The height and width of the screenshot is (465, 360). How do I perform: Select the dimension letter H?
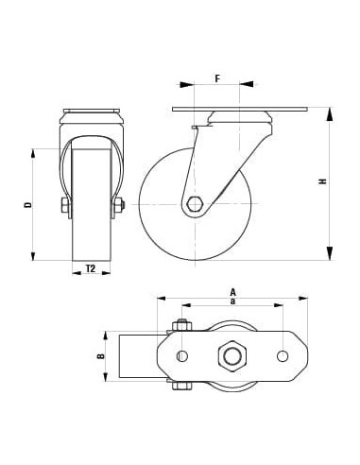tap(322, 181)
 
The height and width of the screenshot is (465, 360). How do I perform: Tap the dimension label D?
tap(27, 204)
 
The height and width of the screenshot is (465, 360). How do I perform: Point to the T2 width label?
tap(91, 269)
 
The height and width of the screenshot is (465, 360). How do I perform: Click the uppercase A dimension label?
tap(231, 292)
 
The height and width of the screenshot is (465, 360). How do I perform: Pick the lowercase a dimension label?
tap(231, 301)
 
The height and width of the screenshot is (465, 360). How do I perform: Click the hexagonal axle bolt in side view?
tap(195, 204)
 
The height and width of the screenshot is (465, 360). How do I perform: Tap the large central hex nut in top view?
tap(231, 355)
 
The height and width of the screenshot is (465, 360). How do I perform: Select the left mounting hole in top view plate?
tap(182, 355)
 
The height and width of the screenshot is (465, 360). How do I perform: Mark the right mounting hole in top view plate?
tap(283, 355)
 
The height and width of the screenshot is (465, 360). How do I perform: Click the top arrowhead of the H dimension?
tap(330, 115)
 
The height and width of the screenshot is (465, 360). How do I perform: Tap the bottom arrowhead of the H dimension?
tap(330, 252)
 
